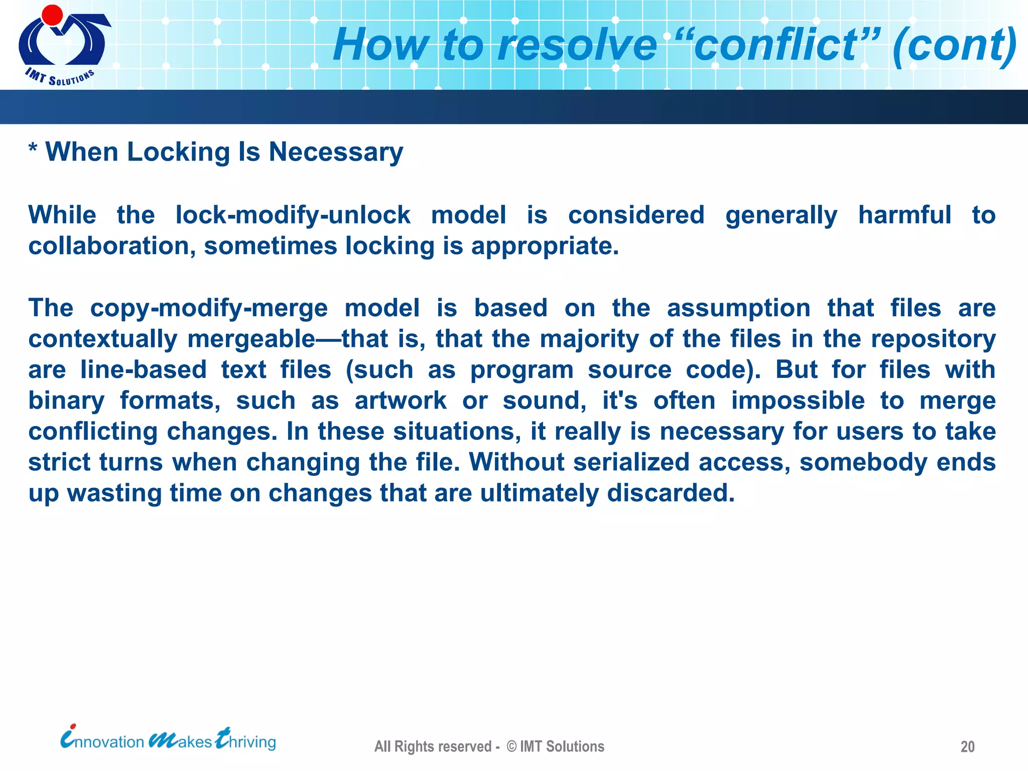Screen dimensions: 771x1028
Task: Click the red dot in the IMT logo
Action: point(52,15)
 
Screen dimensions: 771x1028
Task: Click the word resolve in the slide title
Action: point(577,45)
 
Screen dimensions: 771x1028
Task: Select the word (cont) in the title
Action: point(954,45)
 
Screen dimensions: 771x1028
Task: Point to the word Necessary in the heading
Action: point(336,152)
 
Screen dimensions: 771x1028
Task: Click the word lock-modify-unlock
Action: point(293,215)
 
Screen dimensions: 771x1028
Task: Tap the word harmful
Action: point(904,215)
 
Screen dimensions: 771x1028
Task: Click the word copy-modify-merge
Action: point(208,308)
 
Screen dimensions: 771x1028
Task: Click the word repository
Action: point(933,339)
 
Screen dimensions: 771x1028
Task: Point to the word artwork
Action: point(400,401)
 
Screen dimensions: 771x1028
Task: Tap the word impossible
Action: point(798,401)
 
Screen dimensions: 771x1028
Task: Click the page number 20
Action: point(967,747)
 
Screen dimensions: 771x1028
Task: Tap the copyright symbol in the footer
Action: point(511,746)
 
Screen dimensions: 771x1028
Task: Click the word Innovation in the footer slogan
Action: point(103,741)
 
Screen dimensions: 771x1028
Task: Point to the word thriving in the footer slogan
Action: point(246,741)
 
